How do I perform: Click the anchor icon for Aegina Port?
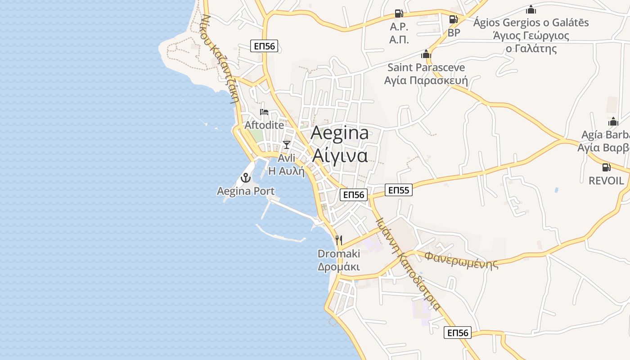(x=246, y=178)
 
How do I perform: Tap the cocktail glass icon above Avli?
(x=286, y=144)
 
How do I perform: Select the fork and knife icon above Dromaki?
(x=339, y=240)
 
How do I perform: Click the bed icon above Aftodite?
(x=264, y=112)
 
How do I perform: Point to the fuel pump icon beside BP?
(x=453, y=19)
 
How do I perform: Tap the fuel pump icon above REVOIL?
(x=606, y=167)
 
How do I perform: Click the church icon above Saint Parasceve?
(x=426, y=54)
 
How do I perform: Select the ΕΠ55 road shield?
(x=399, y=190)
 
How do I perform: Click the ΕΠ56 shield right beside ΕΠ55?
(x=353, y=195)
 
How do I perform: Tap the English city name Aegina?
(x=340, y=133)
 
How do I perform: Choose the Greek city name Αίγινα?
(x=340, y=155)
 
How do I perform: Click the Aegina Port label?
(x=246, y=191)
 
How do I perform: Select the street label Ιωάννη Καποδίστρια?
(x=408, y=263)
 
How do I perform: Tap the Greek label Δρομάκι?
(x=339, y=266)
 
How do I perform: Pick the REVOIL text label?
(x=607, y=181)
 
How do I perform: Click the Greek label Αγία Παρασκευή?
(x=426, y=81)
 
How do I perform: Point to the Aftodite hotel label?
(x=264, y=125)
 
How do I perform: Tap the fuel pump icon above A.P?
(x=399, y=13)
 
